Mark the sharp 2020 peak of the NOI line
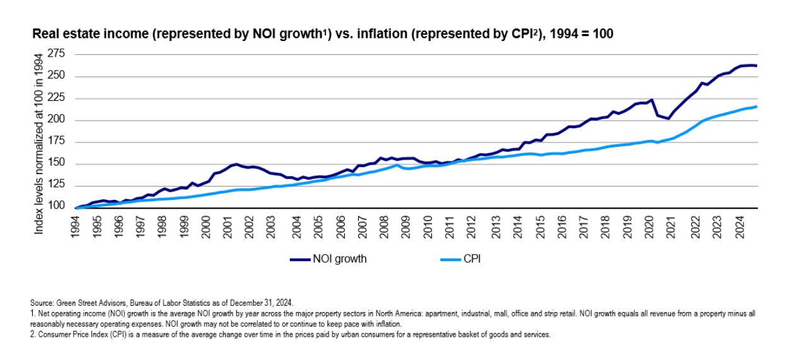pos(651,100)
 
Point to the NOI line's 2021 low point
pos(669,119)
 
